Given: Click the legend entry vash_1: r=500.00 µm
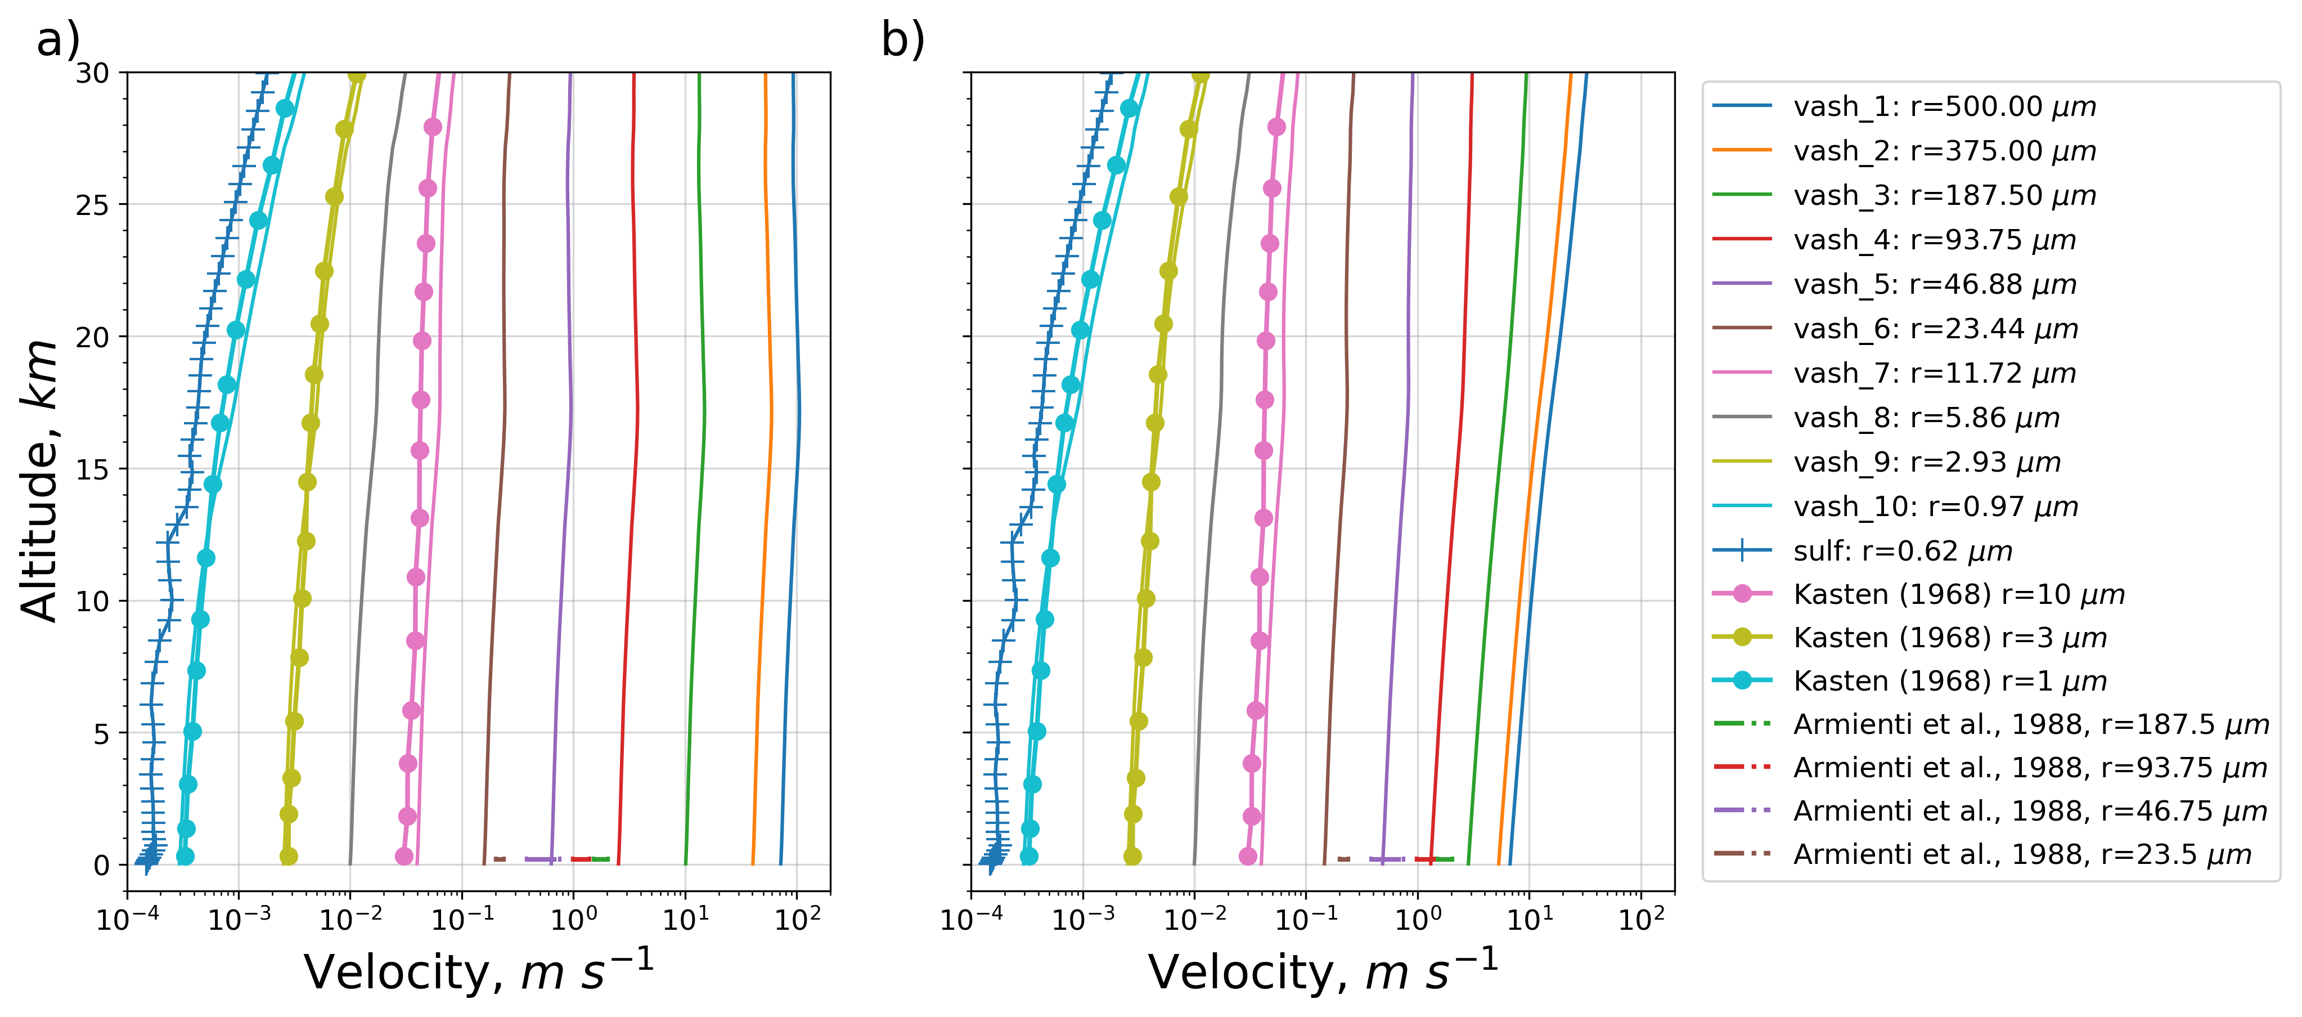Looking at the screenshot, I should click(1944, 106).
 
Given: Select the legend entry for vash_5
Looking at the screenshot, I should click(1935, 284).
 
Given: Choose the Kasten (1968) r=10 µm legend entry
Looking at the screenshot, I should click(1958, 594).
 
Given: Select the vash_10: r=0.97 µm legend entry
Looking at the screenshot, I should click(1935, 507).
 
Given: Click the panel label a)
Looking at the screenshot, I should click(58, 40).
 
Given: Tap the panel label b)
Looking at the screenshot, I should click(902, 40).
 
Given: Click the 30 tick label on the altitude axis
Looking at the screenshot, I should click(93, 73).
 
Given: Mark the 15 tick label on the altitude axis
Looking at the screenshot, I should click(93, 469).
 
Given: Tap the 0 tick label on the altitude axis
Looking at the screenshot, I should click(102, 865).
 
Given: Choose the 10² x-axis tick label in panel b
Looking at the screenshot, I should click(1642, 917).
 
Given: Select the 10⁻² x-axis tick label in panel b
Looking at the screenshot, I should click(1194, 917).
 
